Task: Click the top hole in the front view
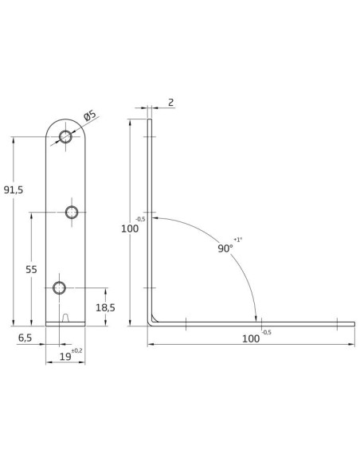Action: click(x=65, y=137)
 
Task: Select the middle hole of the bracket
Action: click(x=72, y=213)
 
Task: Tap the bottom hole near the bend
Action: click(x=59, y=287)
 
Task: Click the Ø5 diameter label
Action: click(x=90, y=115)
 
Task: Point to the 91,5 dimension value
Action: click(x=14, y=190)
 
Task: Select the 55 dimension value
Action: click(x=31, y=270)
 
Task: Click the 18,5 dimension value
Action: click(x=105, y=308)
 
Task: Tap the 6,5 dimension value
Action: click(x=25, y=338)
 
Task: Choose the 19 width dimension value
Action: click(x=65, y=357)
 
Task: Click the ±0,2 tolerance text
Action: click(x=76, y=351)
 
